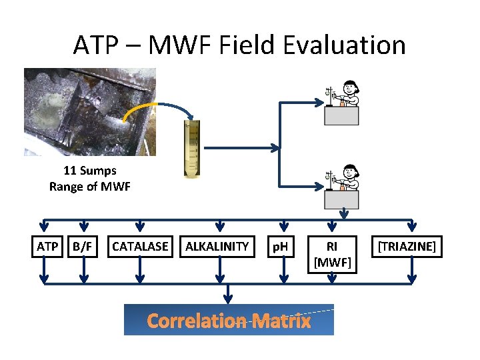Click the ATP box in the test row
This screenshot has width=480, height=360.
[x=47, y=247]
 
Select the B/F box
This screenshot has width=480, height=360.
[x=83, y=247]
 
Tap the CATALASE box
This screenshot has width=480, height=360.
[x=140, y=247]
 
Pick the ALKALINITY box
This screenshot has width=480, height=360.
[x=217, y=247]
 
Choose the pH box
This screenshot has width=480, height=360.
[x=280, y=247]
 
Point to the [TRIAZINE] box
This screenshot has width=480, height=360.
[x=407, y=247]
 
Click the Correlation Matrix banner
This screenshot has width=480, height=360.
[x=229, y=321]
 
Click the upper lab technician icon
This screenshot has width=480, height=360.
[x=342, y=103]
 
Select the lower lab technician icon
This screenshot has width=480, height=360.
[x=342, y=187]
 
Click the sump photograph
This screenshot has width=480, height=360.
[x=89, y=111]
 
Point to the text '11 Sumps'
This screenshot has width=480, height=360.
[x=89, y=170]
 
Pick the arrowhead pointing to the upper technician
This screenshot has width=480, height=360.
[x=318, y=103]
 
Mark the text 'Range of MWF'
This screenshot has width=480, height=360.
[x=89, y=186]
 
